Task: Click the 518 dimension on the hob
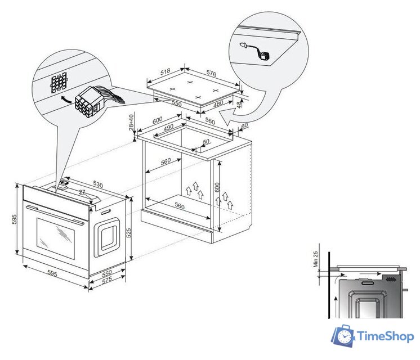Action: click(x=166, y=71)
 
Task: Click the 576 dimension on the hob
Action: click(x=211, y=73)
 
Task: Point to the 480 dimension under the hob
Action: click(x=218, y=103)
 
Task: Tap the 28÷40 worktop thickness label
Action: click(x=131, y=122)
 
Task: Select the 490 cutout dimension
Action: click(x=168, y=127)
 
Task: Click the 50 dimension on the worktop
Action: click(x=206, y=142)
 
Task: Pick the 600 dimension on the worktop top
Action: click(x=158, y=120)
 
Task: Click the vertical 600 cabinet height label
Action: click(x=217, y=187)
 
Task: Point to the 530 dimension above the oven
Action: click(x=98, y=184)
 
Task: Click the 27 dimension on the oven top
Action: click(x=82, y=192)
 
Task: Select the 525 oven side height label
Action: click(x=128, y=233)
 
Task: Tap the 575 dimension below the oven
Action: click(x=106, y=280)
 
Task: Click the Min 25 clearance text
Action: click(x=315, y=259)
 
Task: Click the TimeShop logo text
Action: click(x=386, y=336)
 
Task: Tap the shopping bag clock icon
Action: click(x=343, y=335)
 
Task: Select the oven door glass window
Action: click(x=55, y=238)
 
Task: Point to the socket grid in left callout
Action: click(x=59, y=82)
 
